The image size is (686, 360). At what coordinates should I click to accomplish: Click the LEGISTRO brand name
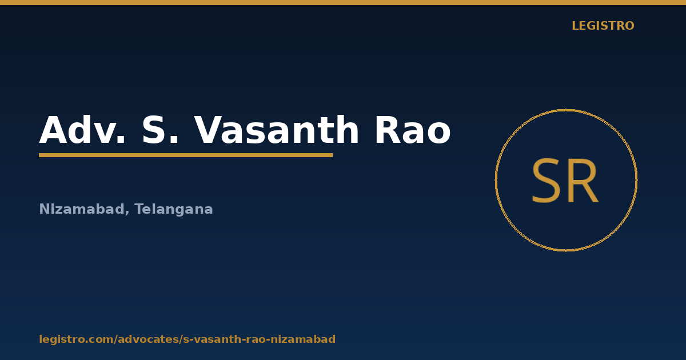(603, 26)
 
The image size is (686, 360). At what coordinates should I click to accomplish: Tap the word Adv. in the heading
(82, 130)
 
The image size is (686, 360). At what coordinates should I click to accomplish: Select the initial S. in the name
(160, 130)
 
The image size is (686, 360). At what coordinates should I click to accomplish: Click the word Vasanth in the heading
(277, 130)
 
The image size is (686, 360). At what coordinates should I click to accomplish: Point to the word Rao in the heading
(413, 130)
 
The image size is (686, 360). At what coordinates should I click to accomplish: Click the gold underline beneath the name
(186, 155)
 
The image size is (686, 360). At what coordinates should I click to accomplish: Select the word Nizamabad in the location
(81, 209)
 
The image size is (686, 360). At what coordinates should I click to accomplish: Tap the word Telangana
(174, 209)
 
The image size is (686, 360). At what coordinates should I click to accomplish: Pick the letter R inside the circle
(583, 181)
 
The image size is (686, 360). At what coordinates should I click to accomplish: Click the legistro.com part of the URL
(76, 339)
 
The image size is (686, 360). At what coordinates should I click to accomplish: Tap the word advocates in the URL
(149, 339)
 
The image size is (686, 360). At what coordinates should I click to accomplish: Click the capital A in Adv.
(53, 130)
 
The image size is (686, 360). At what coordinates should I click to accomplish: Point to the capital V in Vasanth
(209, 130)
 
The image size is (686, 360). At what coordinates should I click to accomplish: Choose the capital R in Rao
(387, 130)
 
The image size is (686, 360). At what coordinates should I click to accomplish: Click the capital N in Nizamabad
(44, 209)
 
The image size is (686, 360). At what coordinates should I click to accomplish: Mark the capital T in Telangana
(139, 209)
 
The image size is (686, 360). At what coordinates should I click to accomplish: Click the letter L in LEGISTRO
(575, 26)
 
